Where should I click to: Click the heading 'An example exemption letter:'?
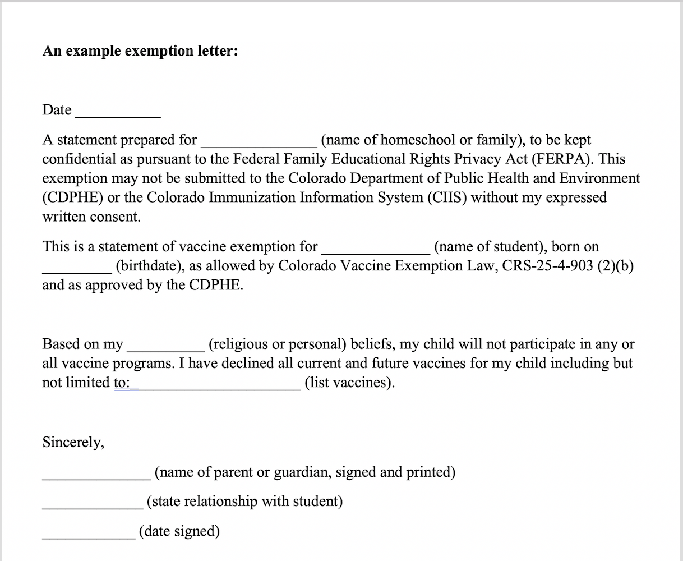pos(140,51)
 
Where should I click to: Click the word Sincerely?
pos(73,443)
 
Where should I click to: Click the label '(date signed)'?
pos(179,531)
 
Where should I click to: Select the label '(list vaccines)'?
pos(349,383)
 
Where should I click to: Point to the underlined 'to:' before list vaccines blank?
pos(122,383)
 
